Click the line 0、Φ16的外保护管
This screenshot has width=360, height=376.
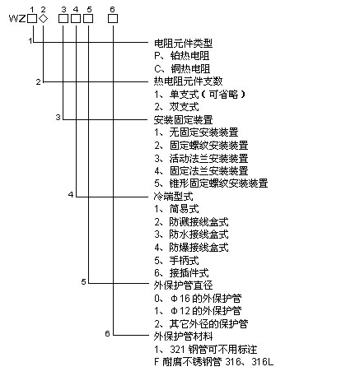click(197, 298)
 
